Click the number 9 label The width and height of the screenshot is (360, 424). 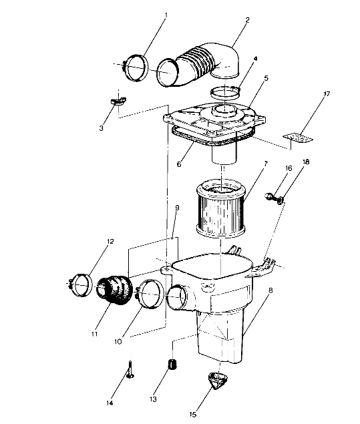pyautogui.click(x=176, y=208)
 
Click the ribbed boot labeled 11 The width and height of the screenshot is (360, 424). pyautogui.click(x=116, y=294)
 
